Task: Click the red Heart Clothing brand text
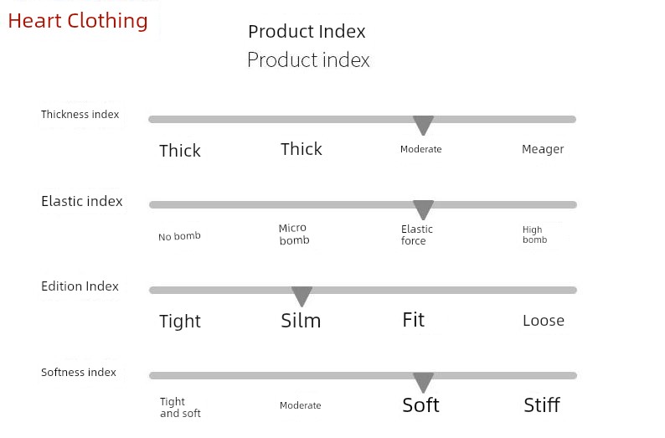click(x=78, y=21)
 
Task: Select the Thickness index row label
click(x=80, y=115)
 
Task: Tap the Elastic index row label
click(x=82, y=201)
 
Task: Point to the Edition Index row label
click(x=80, y=286)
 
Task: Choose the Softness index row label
click(x=79, y=373)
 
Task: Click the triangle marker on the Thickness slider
click(x=423, y=125)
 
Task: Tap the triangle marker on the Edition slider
click(x=302, y=296)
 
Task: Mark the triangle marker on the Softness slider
click(x=423, y=382)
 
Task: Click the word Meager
click(x=543, y=149)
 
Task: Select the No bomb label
click(x=179, y=236)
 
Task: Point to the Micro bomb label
click(x=294, y=234)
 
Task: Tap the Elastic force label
click(x=417, y=234)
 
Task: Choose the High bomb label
click(x=535, y=234)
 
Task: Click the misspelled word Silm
click(x=301, y=321)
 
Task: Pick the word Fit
click(x=414, y=320)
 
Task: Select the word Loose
click(x=544, y=321)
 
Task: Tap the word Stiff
click(x=542, y=405)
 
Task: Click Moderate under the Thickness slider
click(x=421, y=149)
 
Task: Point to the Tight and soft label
click(x=180, y=408)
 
